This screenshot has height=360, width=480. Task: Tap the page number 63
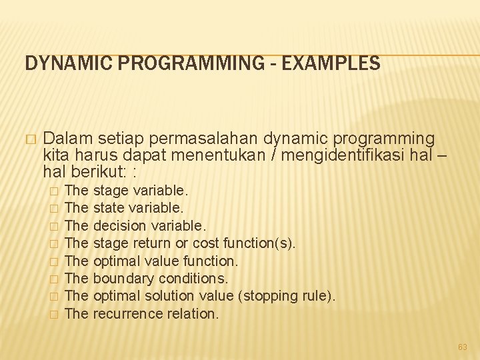[463, 347]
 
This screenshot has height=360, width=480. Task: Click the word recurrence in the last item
[125, 313]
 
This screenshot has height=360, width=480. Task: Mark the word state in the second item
[109, 209]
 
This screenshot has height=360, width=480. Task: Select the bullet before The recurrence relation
[55, 314]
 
